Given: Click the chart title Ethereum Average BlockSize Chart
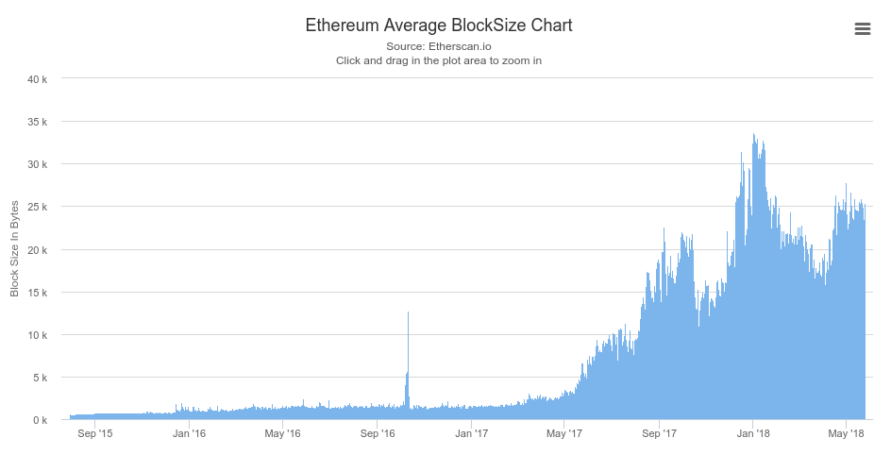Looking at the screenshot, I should click(x=438, y=25).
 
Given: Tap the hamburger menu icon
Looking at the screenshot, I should click(x=862, y=29).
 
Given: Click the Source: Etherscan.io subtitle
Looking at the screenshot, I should click(x=438, y=46).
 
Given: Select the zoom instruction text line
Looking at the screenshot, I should click(x=438, y=60).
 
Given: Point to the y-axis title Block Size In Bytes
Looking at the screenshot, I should click(x=14, y=249).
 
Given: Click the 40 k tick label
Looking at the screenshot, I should click(x=38, y=79).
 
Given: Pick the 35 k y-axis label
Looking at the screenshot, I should click(x=38, y=122).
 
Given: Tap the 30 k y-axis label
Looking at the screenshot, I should click(x=38, y=164).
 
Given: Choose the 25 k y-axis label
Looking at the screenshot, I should click(x=38, y=207).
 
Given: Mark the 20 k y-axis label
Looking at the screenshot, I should click(x=38, y=250).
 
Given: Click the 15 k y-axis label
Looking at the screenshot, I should click(x=38, y=293).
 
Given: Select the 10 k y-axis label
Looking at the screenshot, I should click(x=38, y=335).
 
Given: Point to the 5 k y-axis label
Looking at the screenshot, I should click(x=41, y=378).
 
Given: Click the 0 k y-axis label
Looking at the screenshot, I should click(x=41, y=420).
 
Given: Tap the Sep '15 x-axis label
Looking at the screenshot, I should click(x=95, y=434).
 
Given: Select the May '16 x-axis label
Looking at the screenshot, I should click(x=282, y=434).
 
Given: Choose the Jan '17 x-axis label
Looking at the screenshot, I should click(x=471, y=434).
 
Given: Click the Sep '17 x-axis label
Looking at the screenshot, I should click(x=659, y=434).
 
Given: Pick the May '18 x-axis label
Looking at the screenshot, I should click(x=847, y=434).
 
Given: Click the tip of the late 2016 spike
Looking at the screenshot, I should click(x=408, y=312).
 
